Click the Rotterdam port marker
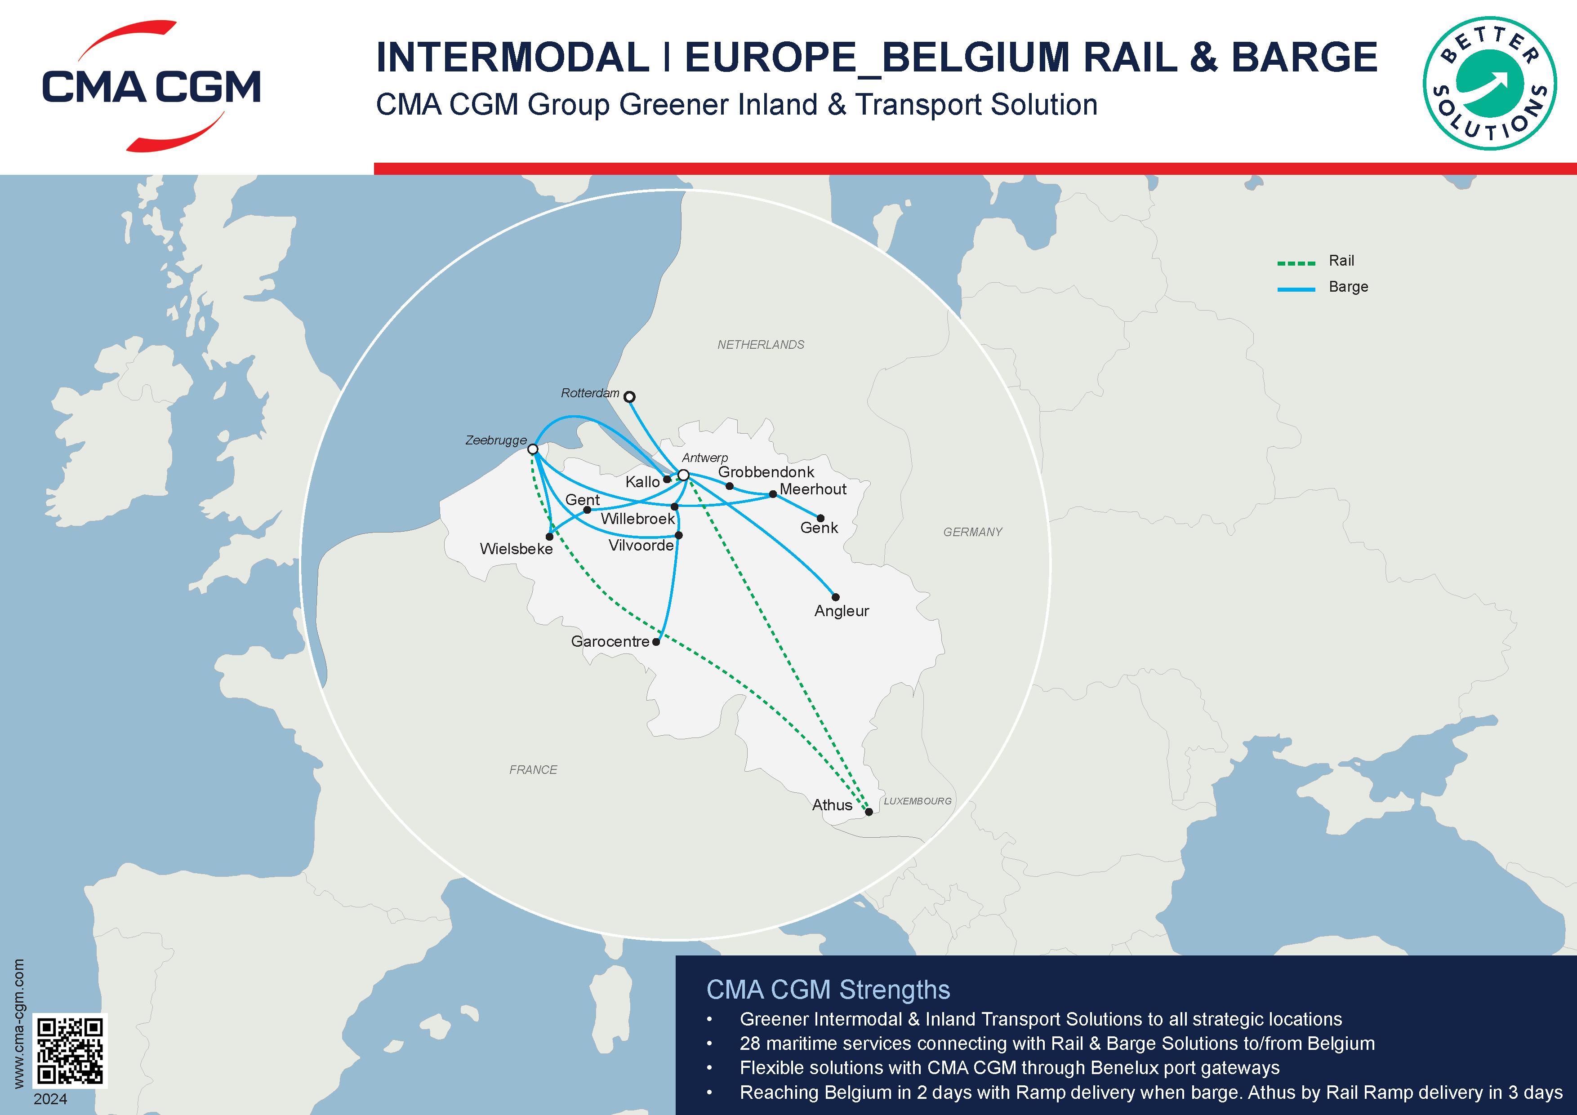(629, 397)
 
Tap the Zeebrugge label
(496, 440)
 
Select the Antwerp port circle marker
(683, 475)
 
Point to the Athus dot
(869, 812)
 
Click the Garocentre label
(610, 641)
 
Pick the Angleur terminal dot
(836, 597)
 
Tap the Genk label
(819, 528)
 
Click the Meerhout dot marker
(773, 493)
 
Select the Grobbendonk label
(766, 472)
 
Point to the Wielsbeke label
(516, 549)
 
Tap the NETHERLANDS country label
(760, 345)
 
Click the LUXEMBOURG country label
(917, 801)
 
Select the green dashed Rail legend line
(1296, 263)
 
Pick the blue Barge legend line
(1296, 289)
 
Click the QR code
(70, 1050)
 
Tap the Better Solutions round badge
(1489, 83)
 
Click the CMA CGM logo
(151, 86)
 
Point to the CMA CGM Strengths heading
(828, 989)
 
